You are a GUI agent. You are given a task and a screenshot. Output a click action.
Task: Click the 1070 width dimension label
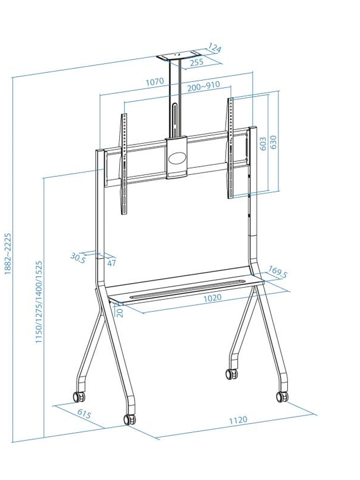point(154,82)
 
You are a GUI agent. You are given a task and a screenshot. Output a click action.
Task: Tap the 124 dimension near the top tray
point(215,48)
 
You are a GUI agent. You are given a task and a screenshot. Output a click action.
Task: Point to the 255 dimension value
point(196,62)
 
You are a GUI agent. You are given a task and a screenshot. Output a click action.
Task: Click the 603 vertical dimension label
point(263,144)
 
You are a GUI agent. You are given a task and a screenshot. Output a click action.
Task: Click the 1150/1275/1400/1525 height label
point(39,302)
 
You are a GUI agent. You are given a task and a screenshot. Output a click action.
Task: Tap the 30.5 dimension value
point(77,258)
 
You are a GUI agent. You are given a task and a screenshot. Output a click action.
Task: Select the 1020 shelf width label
point(212,298)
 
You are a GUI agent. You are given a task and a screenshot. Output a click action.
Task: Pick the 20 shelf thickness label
point(120,312)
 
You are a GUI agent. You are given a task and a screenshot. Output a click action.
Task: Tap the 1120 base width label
point(238,420)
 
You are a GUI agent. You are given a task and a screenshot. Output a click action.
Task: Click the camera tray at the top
point(179,57)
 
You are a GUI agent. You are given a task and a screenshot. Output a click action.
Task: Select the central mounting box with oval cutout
point(176,157)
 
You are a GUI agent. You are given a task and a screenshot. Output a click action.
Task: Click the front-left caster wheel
point(129,419)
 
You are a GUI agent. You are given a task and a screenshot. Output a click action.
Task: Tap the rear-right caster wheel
point(232,374)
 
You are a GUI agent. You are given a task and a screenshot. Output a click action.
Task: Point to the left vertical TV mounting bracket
point(124,163)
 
